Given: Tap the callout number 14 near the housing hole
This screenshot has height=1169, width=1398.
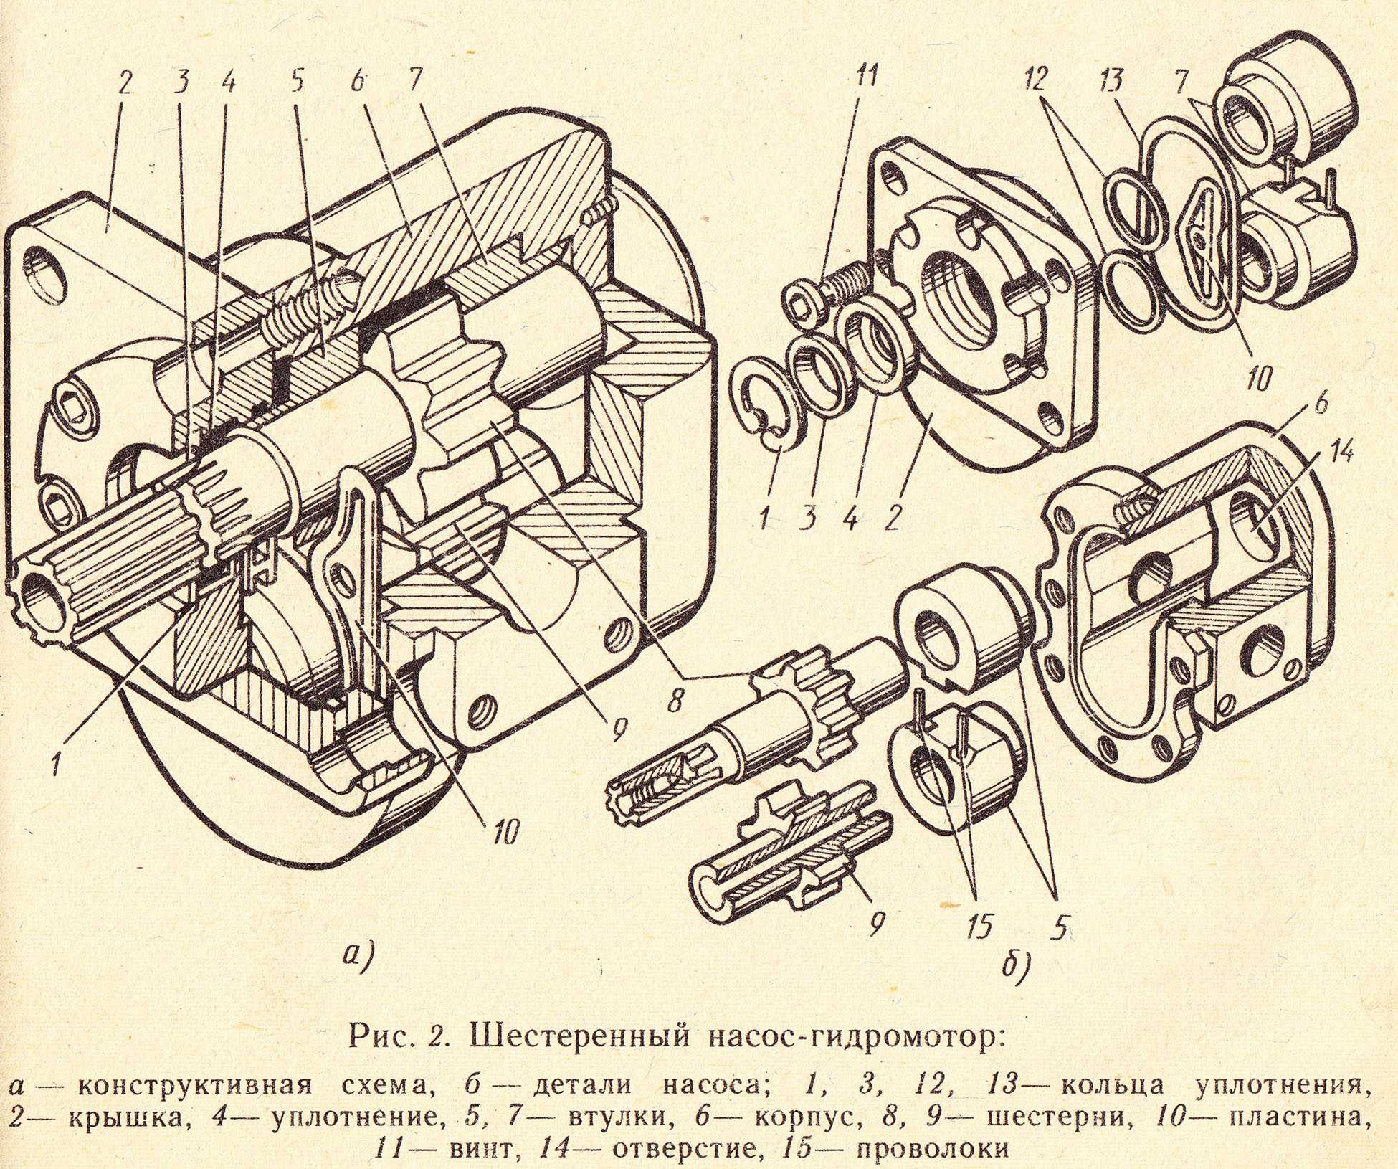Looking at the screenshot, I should pyautogui.click(x=1336, y=453).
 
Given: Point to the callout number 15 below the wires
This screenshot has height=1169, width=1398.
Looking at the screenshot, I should pyautogui.click(x=979, y=926).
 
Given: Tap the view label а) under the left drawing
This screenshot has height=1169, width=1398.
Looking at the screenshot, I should pyautogui.click(x=356, y=955).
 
